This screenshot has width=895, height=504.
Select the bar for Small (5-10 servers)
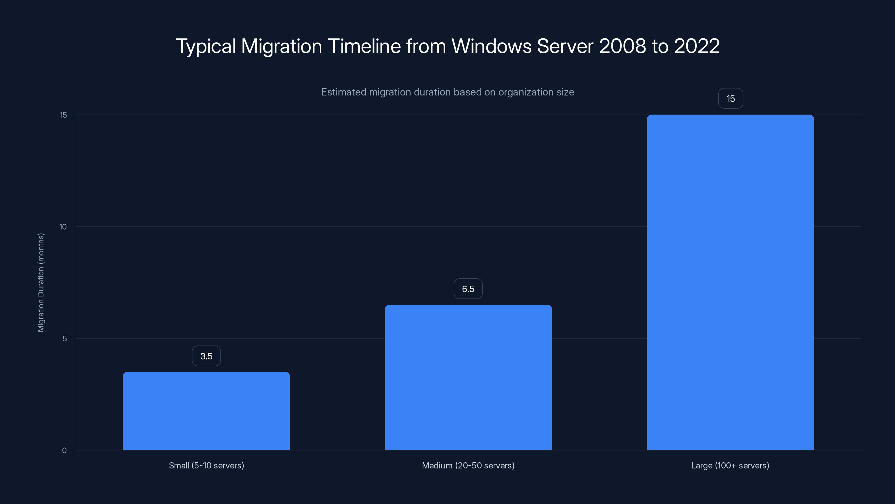click(206, 411)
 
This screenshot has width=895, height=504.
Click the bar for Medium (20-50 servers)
click(468, 377)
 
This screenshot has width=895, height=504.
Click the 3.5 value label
click(206, 356)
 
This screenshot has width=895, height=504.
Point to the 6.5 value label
click(468, 289)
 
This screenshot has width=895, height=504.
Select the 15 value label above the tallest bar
click(730, 99)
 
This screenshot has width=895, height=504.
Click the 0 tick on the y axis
click(64, 451)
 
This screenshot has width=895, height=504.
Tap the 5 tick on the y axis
click(65, 339)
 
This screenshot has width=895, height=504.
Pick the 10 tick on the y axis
click(63, 227)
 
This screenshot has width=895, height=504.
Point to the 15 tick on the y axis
click(63, 115)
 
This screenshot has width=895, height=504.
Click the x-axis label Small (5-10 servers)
click(206, 465)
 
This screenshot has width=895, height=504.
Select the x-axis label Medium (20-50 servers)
click(468, 465)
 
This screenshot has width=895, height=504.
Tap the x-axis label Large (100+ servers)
click(730, 465)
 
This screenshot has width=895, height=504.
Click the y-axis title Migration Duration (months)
click(41, 283)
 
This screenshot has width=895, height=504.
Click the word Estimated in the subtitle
click(343, 92)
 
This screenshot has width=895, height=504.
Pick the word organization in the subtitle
click(522, 92)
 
